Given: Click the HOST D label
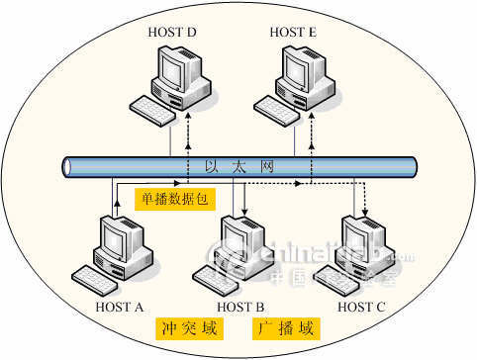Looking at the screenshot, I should coord(172,33).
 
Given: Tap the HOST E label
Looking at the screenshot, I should coord(293,33).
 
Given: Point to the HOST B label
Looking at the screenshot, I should coord(239,307).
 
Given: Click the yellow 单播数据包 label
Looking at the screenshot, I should coord(174,199).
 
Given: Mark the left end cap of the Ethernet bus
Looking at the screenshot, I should coord(67,167).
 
